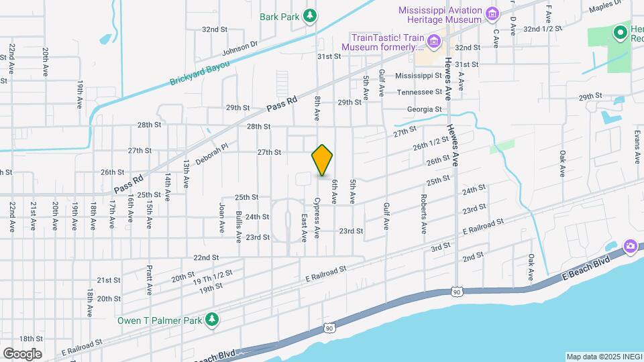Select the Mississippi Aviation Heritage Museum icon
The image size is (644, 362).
(493, 13)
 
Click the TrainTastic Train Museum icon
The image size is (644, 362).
(433, 44)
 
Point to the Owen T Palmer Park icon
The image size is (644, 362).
(212, 320)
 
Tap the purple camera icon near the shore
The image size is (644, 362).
(630, 247)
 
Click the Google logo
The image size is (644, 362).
(22, 353)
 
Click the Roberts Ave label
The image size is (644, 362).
(423, 214)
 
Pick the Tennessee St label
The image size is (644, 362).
(419, 92)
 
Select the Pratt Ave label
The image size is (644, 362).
(149, 280)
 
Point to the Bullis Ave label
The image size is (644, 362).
(238, 226)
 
